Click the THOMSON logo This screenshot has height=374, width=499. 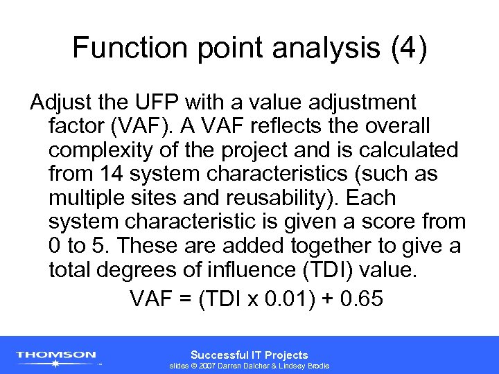tap(57, 356)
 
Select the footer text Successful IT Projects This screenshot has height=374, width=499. tap(249, 354)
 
